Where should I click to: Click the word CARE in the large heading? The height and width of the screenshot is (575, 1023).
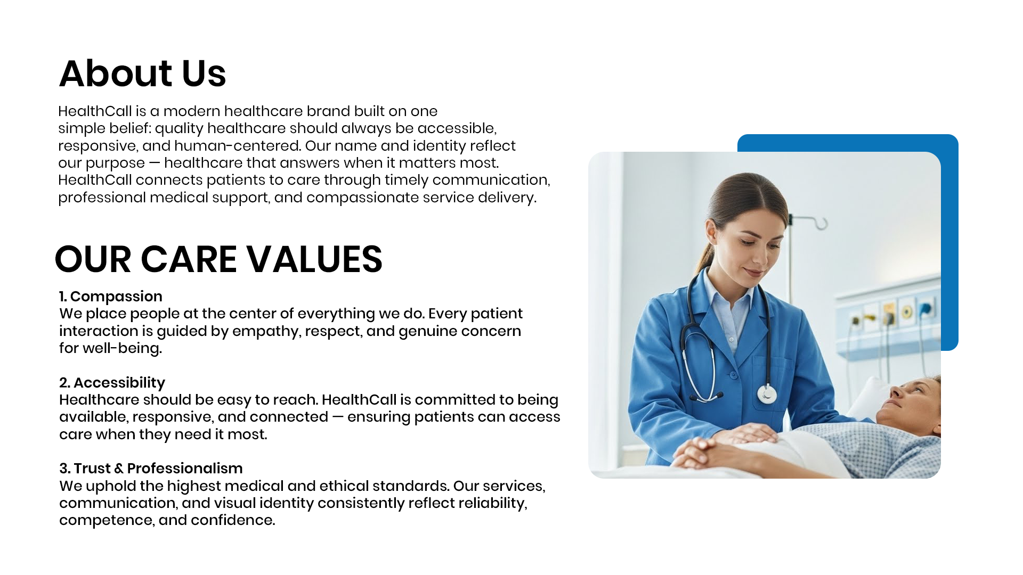click(189, 259)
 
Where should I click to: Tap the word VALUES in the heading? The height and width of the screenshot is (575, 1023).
click(314, 259)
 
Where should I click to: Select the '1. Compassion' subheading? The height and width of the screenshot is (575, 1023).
click(111, 297)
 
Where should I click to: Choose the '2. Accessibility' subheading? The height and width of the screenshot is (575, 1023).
click(112, 383)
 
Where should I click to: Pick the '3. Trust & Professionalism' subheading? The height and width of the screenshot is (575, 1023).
click(151, 469)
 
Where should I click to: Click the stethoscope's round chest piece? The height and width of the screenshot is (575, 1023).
click(767, 395)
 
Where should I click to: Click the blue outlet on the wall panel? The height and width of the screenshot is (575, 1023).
click(925, 308)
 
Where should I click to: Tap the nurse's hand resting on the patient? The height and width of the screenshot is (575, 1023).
click(743, 434)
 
